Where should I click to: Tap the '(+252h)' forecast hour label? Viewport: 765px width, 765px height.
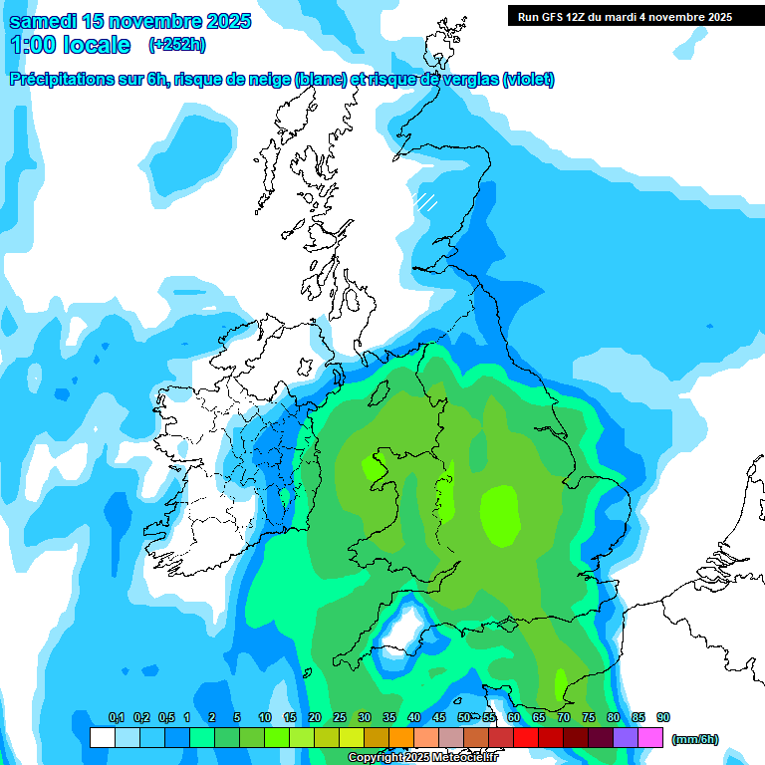(x=177, y=45)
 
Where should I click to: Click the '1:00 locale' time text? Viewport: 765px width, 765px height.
(x=70, y=45)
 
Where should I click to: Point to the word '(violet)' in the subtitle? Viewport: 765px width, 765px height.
(x=528, y=80)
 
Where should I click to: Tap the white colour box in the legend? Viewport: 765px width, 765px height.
(x=102, y=737)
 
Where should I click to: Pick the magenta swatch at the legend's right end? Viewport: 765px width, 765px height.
(x=650, y=737)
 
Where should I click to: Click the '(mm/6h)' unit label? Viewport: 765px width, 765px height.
(x=694, y=739)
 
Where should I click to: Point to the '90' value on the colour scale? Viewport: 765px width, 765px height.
(x=663, y=718)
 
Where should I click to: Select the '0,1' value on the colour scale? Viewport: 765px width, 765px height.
(x=116, y=718)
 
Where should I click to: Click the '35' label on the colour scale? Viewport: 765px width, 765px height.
(x=389, y=718)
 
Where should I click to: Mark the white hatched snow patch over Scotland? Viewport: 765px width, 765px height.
(x=426, y=201)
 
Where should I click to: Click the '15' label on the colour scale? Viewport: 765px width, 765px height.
(x=290, y=718)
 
